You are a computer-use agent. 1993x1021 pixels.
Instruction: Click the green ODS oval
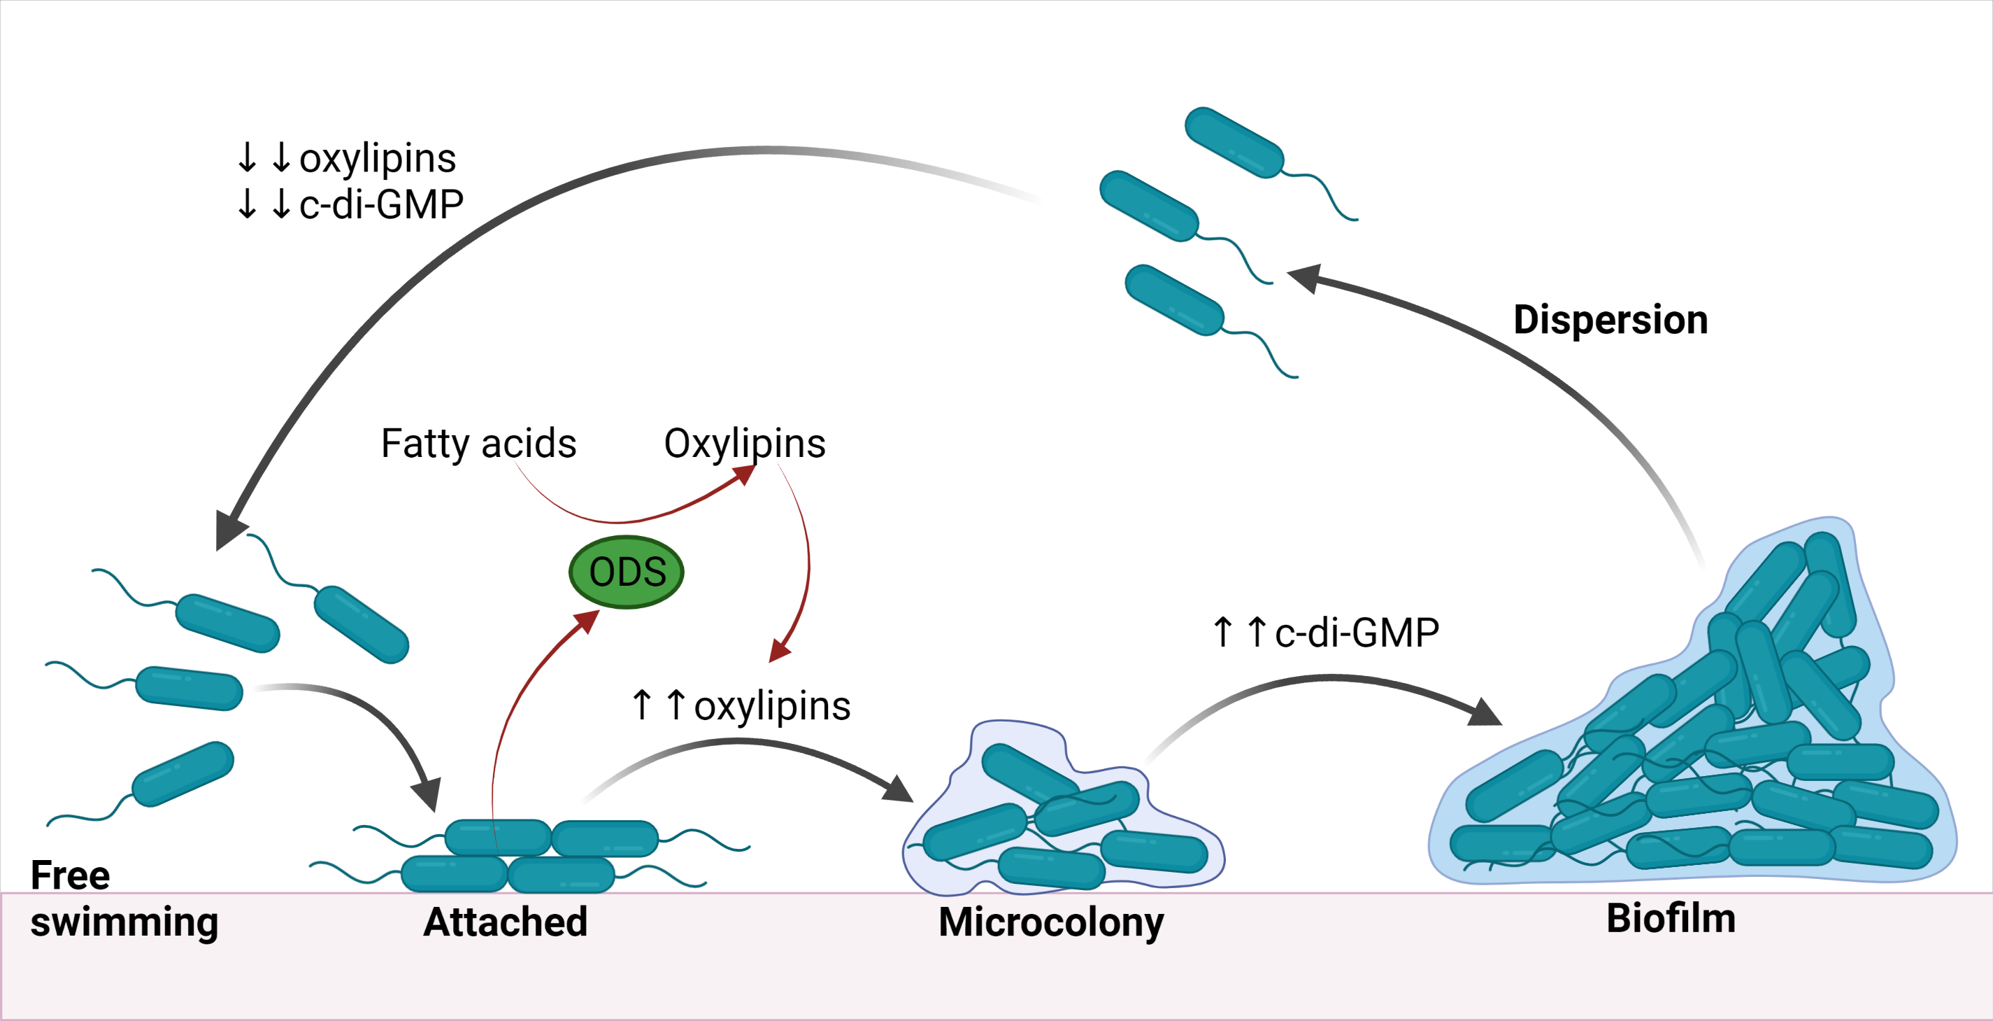[626, 572]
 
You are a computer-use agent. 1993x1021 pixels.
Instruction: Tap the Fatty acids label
[478, 444]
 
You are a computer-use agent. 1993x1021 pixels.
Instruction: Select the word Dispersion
[1610, 320]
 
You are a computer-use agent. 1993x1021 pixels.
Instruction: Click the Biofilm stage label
[1671, 918]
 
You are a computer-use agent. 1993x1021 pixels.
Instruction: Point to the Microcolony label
[1050, 922]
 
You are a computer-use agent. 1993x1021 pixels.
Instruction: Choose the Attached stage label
[505, 922]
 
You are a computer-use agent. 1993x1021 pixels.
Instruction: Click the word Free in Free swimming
[70, 875]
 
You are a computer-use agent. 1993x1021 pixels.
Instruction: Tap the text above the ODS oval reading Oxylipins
[744, 444]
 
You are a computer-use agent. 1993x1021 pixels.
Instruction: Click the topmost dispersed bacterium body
[1234, 143]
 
